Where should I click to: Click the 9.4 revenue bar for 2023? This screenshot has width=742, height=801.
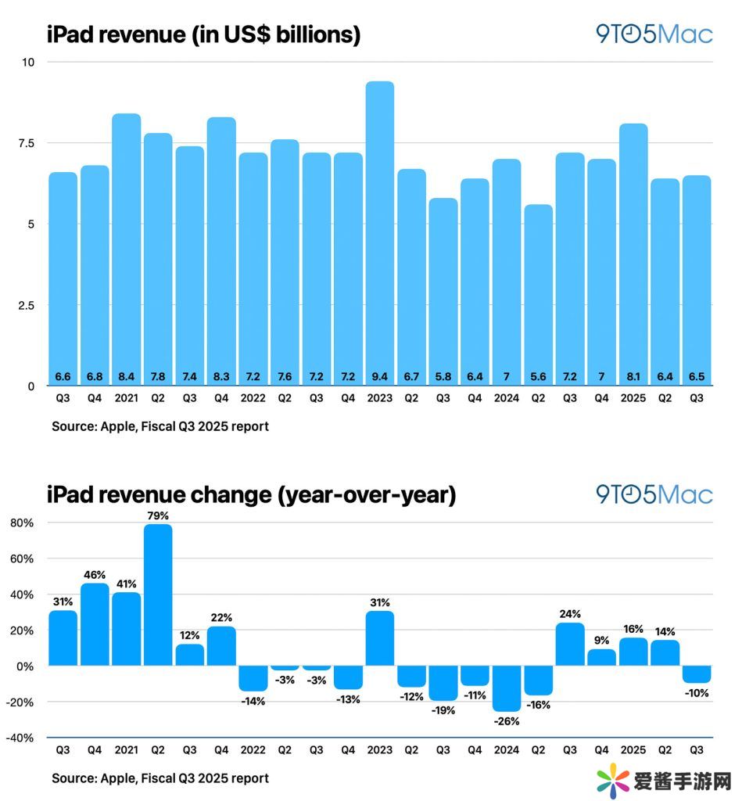point(380,235)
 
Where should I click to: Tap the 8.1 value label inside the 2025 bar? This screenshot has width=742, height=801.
point(633,376)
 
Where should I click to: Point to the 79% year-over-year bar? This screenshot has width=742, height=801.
point(158,594)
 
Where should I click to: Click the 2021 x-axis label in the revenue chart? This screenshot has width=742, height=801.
point(126,397)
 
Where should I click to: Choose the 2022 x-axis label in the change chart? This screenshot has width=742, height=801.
point(253,749)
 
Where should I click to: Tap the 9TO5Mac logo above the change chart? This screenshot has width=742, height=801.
point(654,494)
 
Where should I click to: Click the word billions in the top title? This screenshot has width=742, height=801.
point(313,34)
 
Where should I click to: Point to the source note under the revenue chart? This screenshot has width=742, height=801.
point(160,427)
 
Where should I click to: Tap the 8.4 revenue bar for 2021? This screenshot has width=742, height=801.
point(127,250)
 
